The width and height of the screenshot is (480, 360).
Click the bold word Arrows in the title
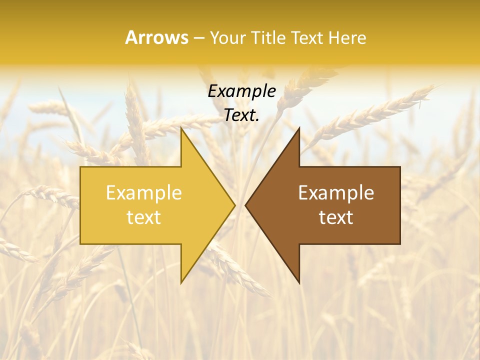click(x=156, y=37)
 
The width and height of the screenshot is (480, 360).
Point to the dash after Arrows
click(x=199, y=38)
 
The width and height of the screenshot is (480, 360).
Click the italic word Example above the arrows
click(x=241, y=91)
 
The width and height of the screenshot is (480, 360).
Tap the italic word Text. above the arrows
click(x=241, y=115)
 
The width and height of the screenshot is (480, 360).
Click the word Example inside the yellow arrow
click(x=143, y=193)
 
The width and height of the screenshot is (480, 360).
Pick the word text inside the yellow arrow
click(x=143, y=217)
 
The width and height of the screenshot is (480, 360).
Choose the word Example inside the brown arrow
click(x=336, y=193)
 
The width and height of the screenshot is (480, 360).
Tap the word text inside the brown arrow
click(x=336, y=217)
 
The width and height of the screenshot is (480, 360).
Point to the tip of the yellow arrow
click(x=234, y=205)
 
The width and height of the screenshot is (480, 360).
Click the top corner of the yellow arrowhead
click(x=181, y=128)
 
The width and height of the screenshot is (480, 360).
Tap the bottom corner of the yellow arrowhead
click(x=181, y=282)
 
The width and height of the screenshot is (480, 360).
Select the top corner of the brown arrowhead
click(x=299, y=128)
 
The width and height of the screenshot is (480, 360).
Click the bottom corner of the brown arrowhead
click(x=299, y=282)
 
